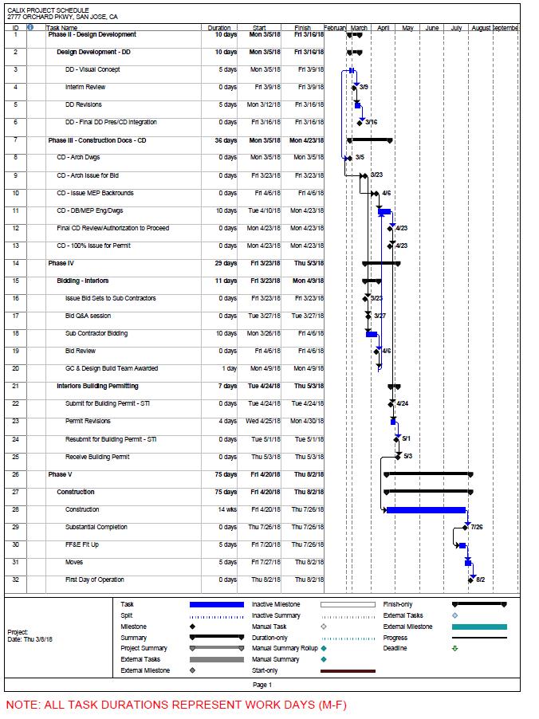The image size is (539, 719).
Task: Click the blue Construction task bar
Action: point(425,509)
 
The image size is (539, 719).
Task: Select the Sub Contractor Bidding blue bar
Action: point(372,334)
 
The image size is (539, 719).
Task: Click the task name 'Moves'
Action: point(75,562)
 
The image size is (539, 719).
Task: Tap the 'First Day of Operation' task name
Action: point(94,580)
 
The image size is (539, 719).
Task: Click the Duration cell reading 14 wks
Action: point(226,509)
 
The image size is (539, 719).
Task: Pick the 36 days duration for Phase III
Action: point(226,140)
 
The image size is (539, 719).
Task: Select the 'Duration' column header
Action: point(218,28)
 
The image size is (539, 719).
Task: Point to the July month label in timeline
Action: point(456,28)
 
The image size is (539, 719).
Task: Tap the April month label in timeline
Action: point(384,28)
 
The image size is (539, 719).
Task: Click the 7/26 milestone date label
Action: point(477,527)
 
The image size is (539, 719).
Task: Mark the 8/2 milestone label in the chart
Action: point(480,580)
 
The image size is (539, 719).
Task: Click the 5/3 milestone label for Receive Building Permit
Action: point(407,457)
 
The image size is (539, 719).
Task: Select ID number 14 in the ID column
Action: point(15,263)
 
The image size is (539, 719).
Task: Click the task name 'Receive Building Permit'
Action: point(96,457)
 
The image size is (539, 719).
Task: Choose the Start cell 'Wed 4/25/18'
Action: point(262,421)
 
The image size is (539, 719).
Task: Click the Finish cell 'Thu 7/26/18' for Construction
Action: point(307,509)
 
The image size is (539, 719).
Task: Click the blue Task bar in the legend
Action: point(215,605)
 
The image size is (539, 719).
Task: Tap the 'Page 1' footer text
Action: point(262,685)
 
